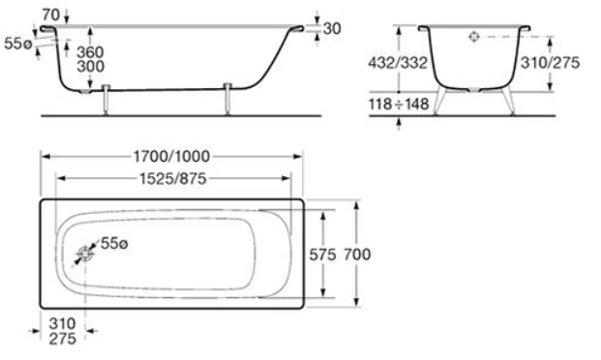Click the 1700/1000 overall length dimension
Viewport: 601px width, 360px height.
171,157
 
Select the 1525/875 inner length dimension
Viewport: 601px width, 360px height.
173,179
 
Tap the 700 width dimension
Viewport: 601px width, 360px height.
357,255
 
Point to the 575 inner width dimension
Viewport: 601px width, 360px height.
322,255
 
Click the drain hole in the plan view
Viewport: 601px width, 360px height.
85,254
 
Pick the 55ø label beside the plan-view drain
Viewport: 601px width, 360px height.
114,244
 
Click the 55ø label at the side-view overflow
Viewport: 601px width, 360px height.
17,44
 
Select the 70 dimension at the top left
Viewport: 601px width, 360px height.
51,15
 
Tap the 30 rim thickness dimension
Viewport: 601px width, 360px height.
332,28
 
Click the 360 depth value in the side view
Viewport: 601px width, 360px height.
90,52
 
